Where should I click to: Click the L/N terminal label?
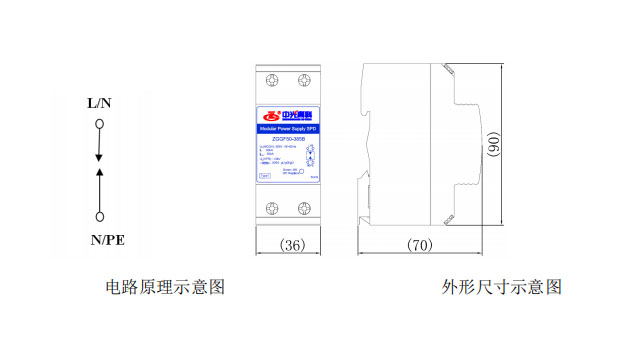pos(99,103)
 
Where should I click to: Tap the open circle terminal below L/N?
pos(99,125)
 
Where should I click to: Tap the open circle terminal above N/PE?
pos(99,216)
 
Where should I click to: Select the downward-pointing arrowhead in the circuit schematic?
pos(99,157)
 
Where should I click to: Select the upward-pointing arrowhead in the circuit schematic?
pos(99,174)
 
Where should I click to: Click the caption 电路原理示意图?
pos(165,288)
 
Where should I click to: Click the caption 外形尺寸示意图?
pos(502,288)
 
